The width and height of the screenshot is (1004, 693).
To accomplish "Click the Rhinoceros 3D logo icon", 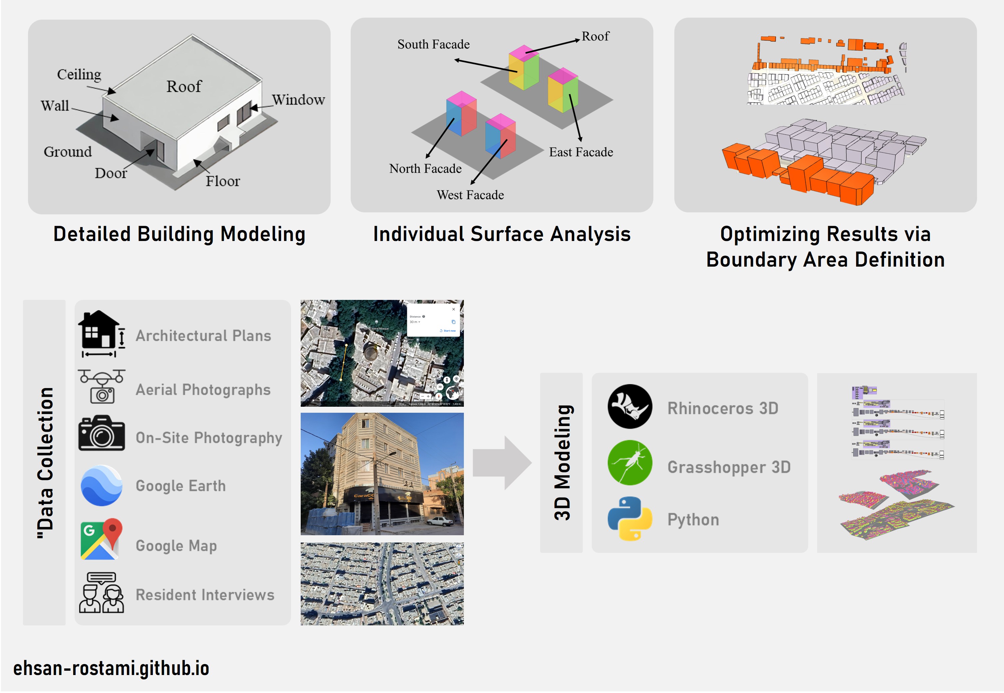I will coord(629,406).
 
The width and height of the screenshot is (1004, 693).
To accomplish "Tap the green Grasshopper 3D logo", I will coord(629,462).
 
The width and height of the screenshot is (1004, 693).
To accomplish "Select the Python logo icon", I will coord(629,519).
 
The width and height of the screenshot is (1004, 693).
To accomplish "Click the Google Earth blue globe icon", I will coord(101,485).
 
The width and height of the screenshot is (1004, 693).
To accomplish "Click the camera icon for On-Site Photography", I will coord(101,433).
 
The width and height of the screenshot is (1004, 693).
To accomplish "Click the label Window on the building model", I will coord(298,100).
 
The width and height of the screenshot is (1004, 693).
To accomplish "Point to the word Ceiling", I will coord(79,74).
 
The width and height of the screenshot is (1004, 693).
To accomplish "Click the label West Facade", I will coord(470,195).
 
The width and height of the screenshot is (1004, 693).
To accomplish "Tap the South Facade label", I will coord(433,44).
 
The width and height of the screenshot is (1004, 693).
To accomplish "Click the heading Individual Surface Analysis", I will coord(502,234).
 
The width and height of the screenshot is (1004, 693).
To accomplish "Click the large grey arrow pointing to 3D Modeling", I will coord(502,463).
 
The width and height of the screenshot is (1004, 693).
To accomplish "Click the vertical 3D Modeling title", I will coord(562,462).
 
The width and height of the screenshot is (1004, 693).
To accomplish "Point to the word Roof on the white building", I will coord(184,87).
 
